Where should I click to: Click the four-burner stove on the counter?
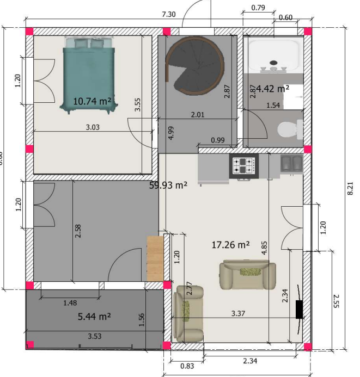pos(243,165)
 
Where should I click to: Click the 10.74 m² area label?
pos(93,101)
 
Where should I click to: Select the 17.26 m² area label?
pos(230,245)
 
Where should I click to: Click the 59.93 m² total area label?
pos(168,185)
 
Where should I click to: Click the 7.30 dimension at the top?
pos(168,15)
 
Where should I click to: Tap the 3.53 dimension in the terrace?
pos(95,337)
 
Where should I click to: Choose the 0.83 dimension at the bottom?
pos(186,366)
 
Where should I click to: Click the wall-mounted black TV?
pos(299,309)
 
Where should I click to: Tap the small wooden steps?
pos(155,258)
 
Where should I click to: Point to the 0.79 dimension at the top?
pos(259,8)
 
